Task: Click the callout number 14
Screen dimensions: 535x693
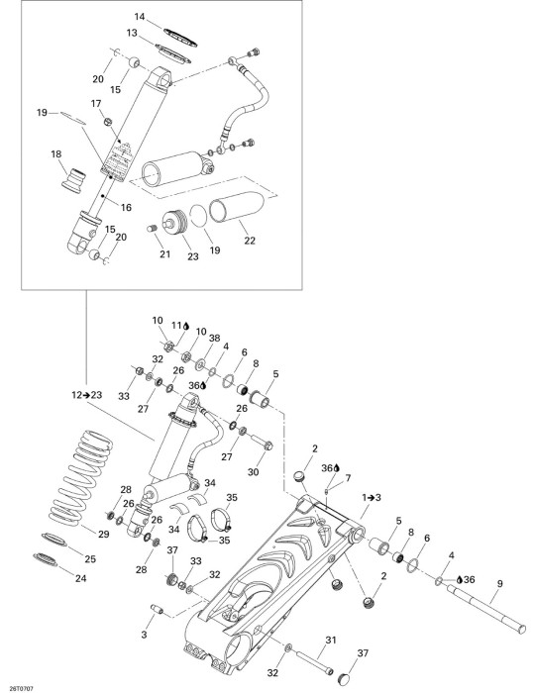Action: (140, 17)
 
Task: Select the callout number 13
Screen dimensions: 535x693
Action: (132, 33)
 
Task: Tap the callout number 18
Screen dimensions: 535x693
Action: (56, 154)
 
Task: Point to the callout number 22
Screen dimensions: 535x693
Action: (250, 241)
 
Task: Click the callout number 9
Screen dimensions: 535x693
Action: (499, 584)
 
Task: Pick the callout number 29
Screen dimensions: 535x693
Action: (103, 535)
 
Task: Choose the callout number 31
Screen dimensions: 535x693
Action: (331, 640)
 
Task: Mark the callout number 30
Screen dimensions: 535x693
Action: (253, 472)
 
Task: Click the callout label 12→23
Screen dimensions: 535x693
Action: (86, 395)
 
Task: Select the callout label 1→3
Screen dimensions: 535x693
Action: (372, 498)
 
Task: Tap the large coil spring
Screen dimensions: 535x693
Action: (80, 478)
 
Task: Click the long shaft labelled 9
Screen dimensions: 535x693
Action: (486, 605)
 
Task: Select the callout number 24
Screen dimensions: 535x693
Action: (80, 577)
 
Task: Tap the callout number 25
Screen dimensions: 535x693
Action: (90, 559)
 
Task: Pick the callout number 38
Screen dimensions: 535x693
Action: (214, 339)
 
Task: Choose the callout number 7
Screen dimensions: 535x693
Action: (348, 478)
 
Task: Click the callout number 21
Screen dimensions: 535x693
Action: (164, 254)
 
